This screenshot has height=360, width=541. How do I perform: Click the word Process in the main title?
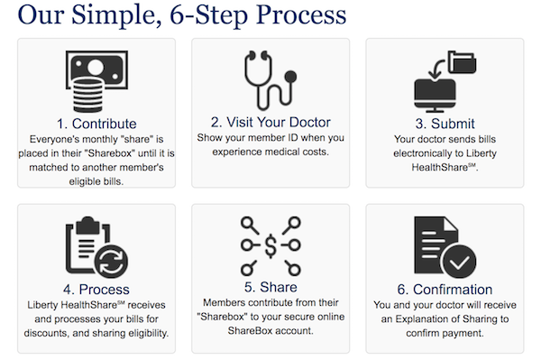point(301,15)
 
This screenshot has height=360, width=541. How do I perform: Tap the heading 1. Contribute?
point(96,124)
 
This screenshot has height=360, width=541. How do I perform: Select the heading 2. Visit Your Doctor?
point(270,122)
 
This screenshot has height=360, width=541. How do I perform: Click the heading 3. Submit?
point(445,124)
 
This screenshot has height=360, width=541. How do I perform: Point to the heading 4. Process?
point(96,290)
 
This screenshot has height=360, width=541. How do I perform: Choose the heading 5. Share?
point(270,287)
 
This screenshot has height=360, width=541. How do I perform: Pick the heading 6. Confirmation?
point(445,290)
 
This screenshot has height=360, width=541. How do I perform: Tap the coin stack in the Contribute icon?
point(88,95)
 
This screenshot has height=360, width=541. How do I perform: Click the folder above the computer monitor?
point(462,62)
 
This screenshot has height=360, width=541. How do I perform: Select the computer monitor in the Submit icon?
point(436,95)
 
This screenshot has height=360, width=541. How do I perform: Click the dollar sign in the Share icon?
point(270,246)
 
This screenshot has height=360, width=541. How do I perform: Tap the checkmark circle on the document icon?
point(458,262)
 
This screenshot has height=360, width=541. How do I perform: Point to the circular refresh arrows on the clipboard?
point(111,262)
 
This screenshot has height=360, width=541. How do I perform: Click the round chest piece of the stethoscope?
point(291,77)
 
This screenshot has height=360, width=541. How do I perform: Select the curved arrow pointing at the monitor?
point(436,69)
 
